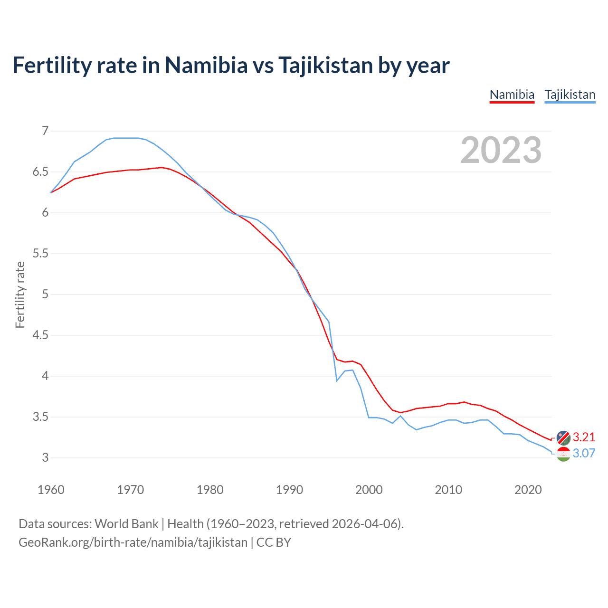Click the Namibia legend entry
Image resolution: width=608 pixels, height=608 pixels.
coord(512,95)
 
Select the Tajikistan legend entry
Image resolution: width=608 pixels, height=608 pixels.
coord(570,95)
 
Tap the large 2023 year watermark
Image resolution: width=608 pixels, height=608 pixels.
coord(501,150)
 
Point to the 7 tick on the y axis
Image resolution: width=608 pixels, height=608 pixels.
coord(45,131)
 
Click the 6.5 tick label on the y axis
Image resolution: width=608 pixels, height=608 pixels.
coord(40,171)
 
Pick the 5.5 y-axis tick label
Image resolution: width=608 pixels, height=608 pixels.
coord(40,253)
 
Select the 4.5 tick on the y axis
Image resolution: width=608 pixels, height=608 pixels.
coord(40,335)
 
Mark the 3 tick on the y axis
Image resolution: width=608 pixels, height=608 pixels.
coord(45,457)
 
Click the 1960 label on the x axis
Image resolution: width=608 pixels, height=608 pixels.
coord(51,490)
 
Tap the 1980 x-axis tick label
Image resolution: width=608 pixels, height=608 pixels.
coord(210,490)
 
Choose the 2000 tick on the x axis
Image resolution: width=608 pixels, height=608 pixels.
coord(369,490)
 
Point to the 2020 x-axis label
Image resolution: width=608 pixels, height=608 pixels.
coord(528,490)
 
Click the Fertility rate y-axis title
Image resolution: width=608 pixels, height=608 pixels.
coord(20,294)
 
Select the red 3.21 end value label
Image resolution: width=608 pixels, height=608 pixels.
coord(584,437)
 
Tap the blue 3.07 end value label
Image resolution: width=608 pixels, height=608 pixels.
coord(584,453)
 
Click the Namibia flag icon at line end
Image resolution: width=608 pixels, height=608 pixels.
coord(563,437)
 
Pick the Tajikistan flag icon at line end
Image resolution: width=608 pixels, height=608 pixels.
coord(563,454)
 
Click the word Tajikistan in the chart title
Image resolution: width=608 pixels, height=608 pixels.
coord(325,65)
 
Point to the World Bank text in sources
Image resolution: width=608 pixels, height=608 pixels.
coord(126,523)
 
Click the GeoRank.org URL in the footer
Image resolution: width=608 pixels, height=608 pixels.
coord(133,542)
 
